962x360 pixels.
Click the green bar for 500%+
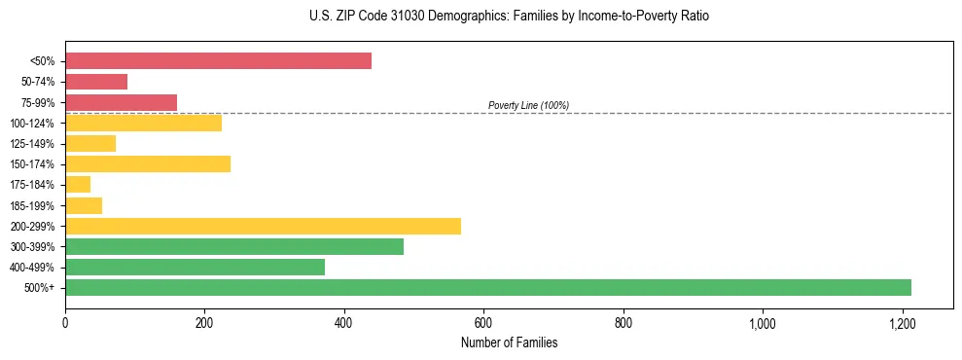487,287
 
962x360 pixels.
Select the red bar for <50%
218,61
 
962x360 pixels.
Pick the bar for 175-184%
78,184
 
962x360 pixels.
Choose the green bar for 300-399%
234,246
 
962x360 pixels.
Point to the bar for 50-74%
96,82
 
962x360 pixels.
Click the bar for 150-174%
148,163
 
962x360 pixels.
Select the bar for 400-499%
195,267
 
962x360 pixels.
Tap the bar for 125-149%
90,143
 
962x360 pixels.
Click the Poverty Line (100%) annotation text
528,105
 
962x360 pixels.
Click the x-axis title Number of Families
509,342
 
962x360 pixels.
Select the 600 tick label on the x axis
483,323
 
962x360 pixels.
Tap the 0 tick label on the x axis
65,323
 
